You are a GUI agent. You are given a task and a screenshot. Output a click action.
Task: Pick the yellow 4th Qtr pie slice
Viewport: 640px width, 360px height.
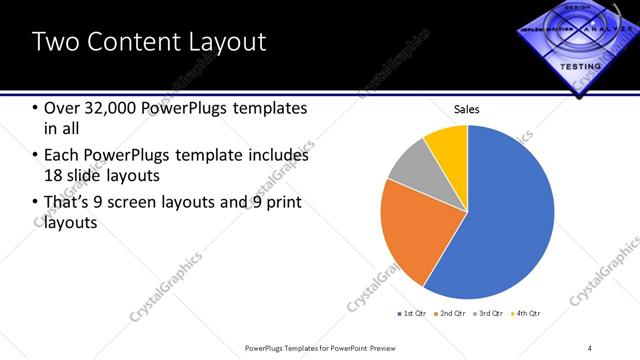pos(447,145)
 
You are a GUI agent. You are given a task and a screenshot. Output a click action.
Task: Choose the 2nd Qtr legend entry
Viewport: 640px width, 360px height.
pos(452,314)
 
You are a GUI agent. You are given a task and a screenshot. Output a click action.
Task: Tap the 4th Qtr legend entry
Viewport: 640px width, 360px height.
pos(527,314)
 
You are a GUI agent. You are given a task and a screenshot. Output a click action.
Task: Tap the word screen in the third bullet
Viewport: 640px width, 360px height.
pos(167,203)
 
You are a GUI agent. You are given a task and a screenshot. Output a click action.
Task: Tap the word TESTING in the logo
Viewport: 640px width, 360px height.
pos(581,66)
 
